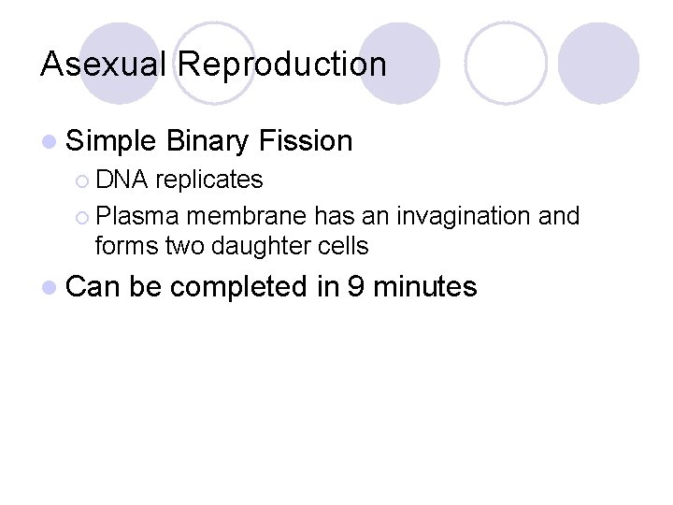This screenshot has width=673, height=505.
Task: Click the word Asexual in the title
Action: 104,65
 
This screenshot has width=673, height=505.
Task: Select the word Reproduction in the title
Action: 281,65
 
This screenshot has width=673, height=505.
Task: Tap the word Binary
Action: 208,141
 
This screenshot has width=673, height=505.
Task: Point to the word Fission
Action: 306,141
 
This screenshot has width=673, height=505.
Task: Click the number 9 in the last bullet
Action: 355,286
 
